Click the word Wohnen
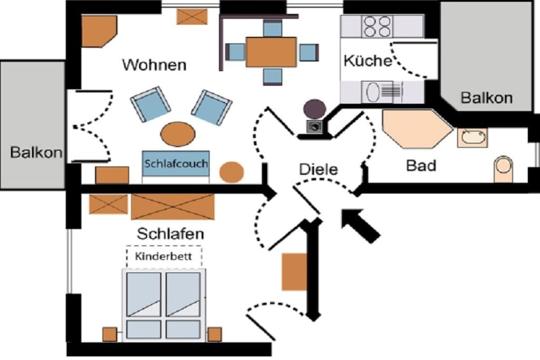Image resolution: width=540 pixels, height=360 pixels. [155, 65]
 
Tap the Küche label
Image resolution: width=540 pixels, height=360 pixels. [368, 61]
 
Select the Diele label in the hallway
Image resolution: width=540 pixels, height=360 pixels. [319, 169]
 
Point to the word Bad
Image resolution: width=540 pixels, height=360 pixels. [421, 166]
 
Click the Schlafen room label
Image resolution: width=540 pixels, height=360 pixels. [170, 233]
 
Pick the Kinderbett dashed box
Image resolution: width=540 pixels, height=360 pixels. [164, 256]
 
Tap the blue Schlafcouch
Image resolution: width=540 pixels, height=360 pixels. [176, 163]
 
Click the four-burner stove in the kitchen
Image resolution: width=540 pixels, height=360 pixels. [378, 26]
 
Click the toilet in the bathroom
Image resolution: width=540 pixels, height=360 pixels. [503, 169]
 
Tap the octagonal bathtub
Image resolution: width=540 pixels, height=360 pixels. [418, 129]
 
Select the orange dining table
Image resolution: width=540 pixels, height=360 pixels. [272, 52]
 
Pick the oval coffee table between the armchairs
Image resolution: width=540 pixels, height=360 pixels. [178, 134]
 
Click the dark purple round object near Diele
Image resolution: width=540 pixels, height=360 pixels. [314, 109]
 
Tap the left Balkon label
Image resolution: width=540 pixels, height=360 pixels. [36, 152]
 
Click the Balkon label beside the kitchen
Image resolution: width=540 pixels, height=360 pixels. [487, 98]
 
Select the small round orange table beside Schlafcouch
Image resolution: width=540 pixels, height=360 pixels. [232, 172]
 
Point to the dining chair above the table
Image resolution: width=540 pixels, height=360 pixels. [273, 28]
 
